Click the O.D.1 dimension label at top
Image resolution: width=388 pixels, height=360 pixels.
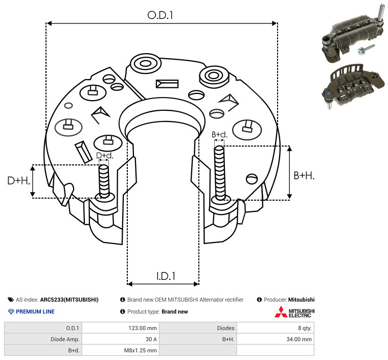click(160, 15)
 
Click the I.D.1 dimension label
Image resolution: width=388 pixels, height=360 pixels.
click(166, 276)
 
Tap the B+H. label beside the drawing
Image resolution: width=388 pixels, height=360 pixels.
click(304, 176)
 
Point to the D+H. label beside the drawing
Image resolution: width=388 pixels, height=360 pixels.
click(18, 180)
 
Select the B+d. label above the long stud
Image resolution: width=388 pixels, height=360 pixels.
click(219, 134)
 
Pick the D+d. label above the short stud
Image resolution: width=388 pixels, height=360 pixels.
click(104, 156)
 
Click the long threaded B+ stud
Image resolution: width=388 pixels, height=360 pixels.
click(220, 173)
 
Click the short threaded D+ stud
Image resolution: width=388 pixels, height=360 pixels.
click(104, 181)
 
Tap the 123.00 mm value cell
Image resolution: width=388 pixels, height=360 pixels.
click(143, 328)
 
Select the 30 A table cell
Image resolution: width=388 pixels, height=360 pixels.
click(151, 339)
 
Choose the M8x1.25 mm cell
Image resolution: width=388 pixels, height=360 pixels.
click(140, 350)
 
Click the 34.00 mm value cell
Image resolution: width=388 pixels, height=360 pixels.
click(299, 339)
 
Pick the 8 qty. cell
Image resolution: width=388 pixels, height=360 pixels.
click(305, 328)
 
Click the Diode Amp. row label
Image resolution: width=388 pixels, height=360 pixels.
click(65, 339)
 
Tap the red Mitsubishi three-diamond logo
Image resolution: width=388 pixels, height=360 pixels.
click(281, 312)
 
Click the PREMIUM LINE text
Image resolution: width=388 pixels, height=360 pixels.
click(35, 311)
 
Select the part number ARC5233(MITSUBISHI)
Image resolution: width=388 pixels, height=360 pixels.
click(70, 300)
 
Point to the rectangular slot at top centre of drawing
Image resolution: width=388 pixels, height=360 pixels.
click(167, 84)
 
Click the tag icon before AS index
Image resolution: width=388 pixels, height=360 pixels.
click(11, 300)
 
